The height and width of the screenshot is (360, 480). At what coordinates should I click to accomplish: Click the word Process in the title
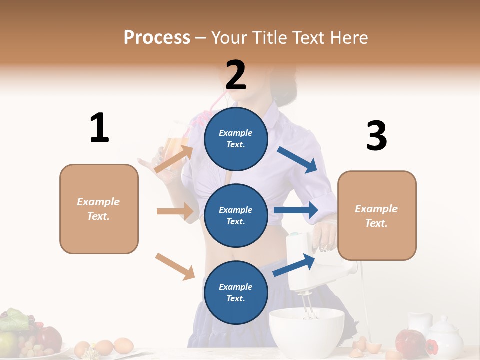[x=157, y=37]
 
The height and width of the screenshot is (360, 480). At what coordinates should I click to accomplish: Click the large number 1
[x=99, y=128]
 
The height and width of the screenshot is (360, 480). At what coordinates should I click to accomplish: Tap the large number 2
[x=236, y=75]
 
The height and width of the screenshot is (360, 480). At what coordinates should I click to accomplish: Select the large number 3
[x=376, y=136]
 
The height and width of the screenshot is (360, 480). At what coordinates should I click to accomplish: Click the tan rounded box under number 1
[x=99, y=209]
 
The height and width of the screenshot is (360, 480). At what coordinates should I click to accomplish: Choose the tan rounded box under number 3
[x=377, y=215]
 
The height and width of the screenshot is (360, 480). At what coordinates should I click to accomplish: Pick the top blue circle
[x=236, y=139]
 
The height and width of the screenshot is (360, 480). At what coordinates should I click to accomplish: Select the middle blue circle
[x=236, y=215]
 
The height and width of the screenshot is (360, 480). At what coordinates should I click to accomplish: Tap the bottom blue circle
[x=236, y=292]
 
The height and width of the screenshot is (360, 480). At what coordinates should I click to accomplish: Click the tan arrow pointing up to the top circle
[x=174, y=159]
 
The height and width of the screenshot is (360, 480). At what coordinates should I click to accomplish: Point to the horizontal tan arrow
[x=175, y=211]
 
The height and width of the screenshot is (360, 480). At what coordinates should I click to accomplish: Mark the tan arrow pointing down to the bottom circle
[x=175, y=266]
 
